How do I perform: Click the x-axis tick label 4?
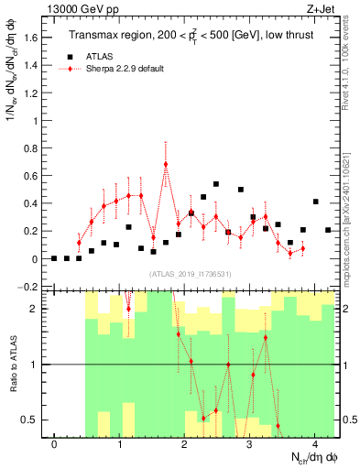tap(314, 445)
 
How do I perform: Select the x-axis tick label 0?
tap(55, 445)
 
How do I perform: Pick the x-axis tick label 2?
tap(185, 445)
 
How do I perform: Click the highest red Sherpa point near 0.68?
tap(166, 165)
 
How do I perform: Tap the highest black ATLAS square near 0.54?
tap(216, 184)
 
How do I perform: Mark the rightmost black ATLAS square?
tap(328, 230)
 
